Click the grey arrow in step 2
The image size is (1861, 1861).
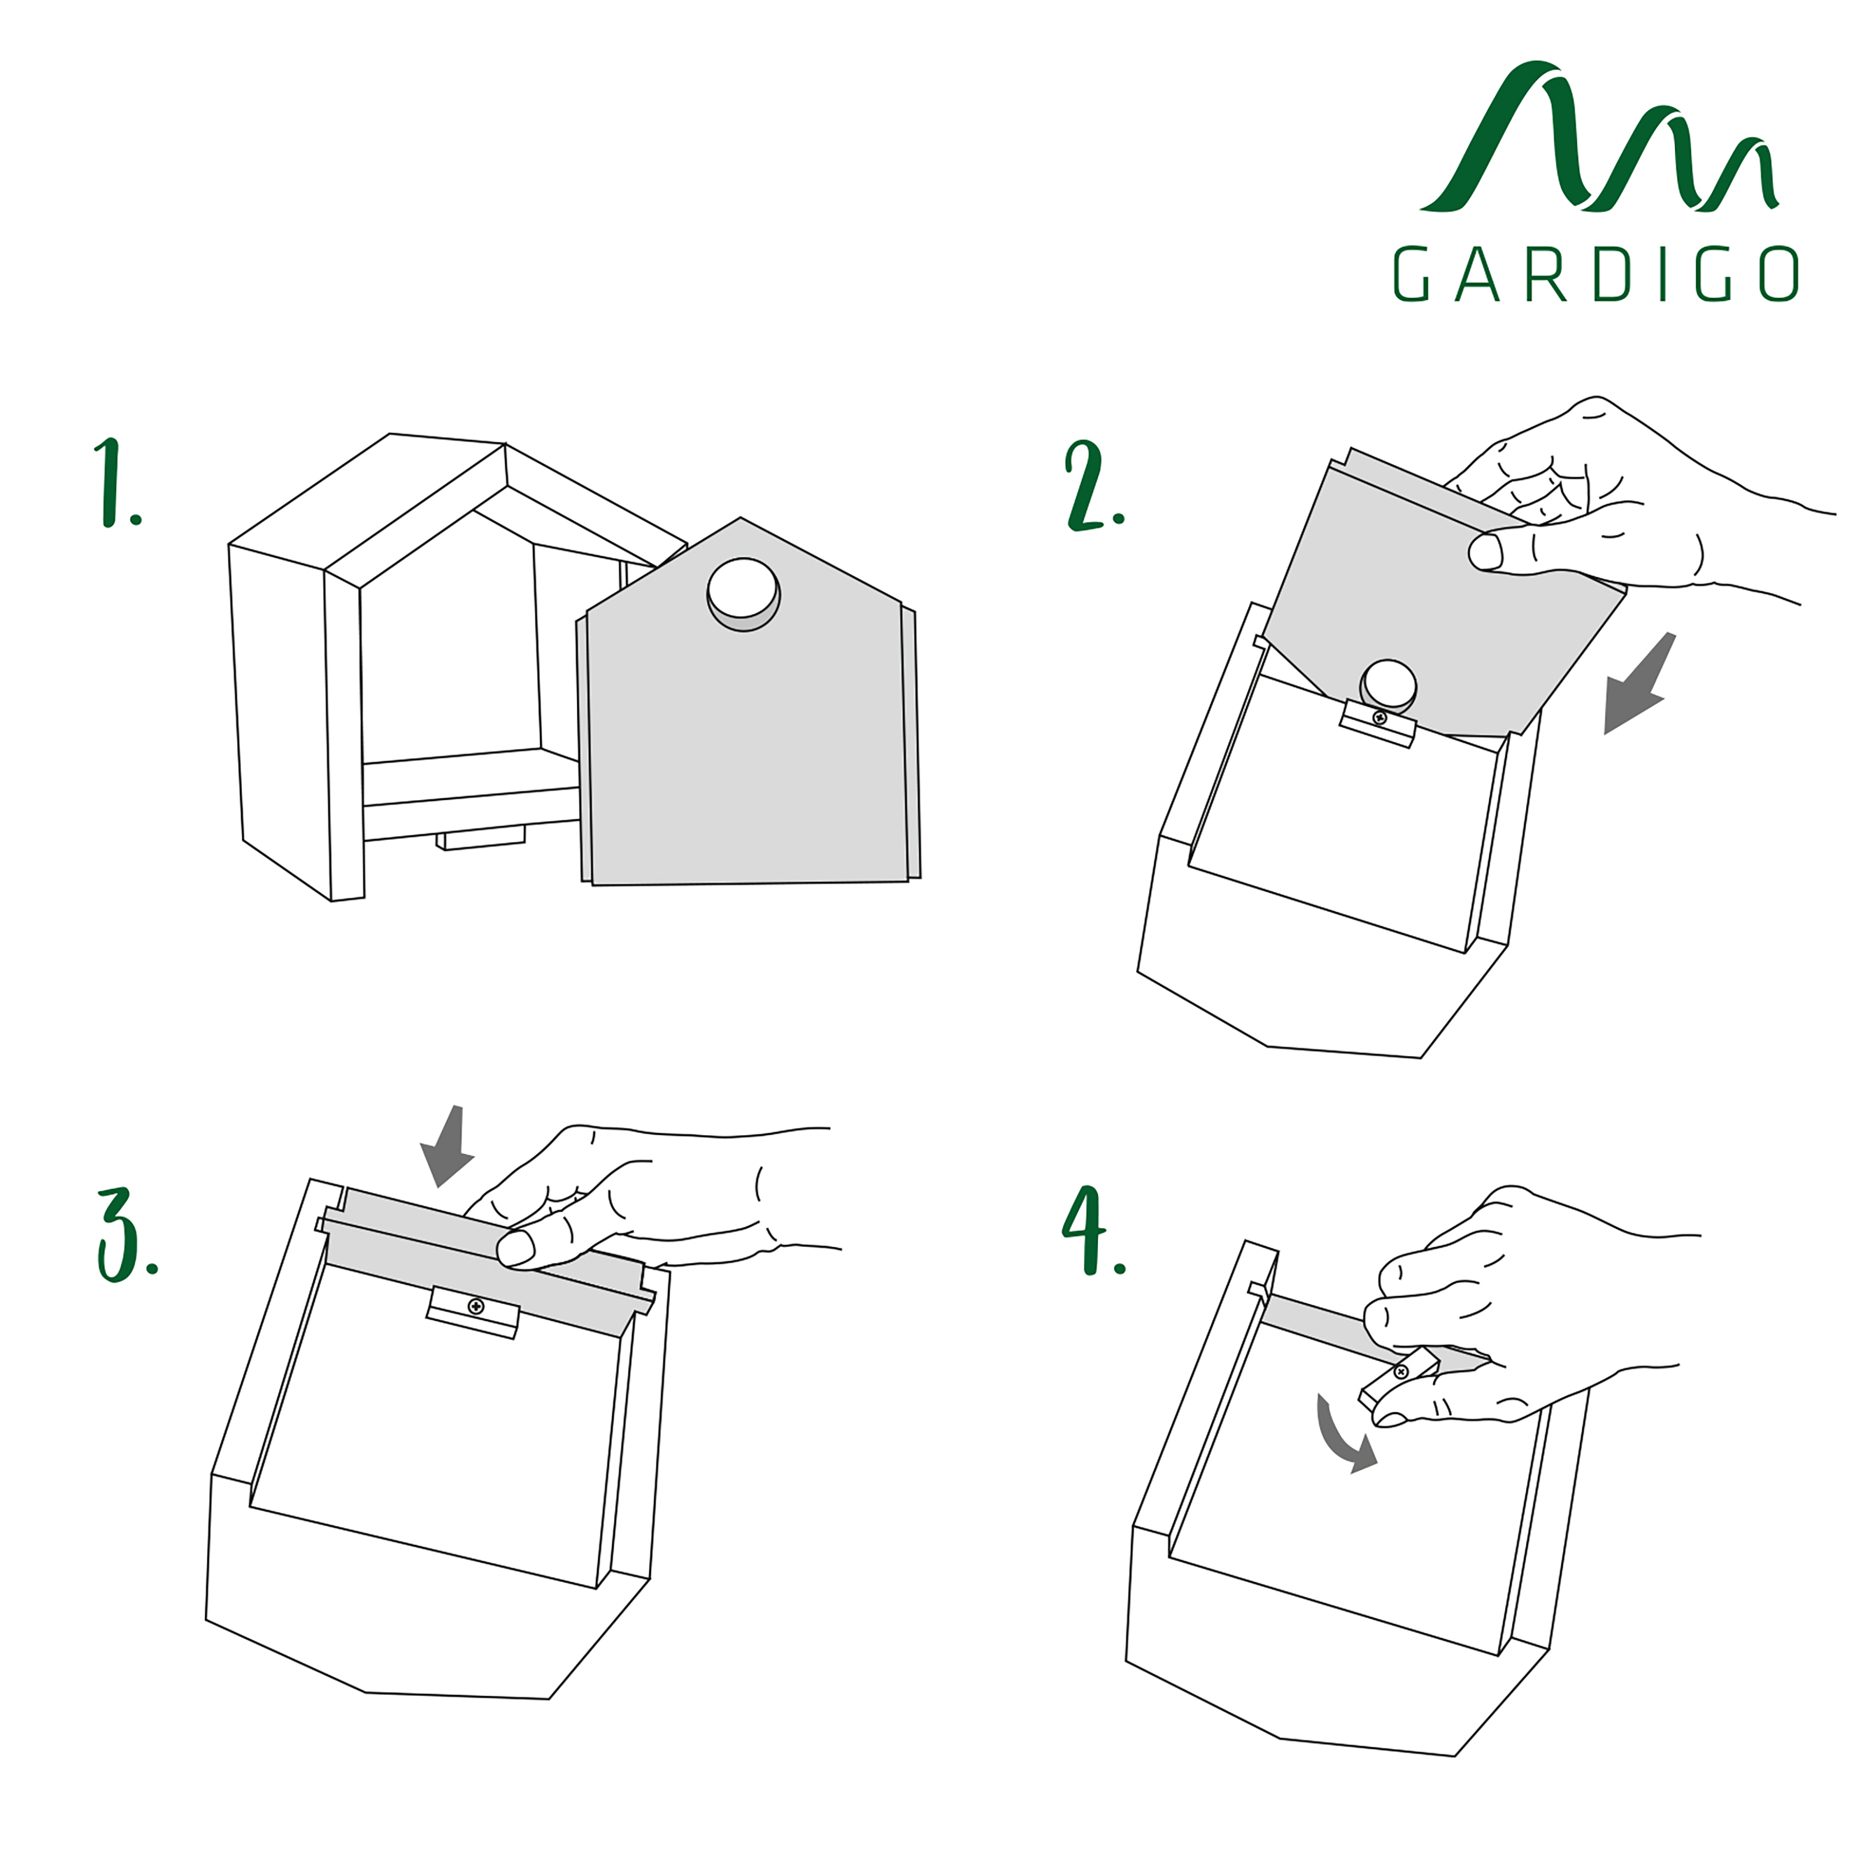1639,682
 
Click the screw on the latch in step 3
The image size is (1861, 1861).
475,1306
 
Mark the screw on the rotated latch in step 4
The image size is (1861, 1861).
1402,1372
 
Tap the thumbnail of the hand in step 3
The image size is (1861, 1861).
515,1248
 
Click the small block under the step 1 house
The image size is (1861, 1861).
481,837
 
